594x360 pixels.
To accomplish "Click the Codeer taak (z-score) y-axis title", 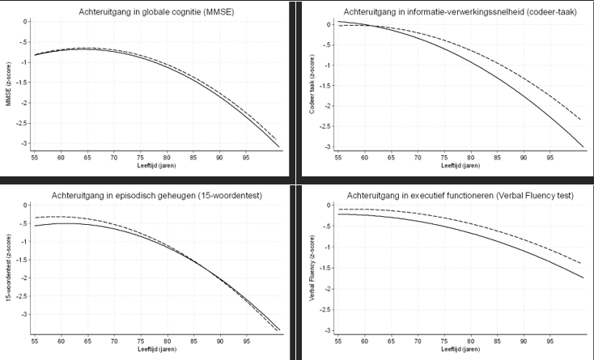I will coord(312,85).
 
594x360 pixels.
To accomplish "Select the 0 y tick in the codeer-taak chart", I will coord(328,24).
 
